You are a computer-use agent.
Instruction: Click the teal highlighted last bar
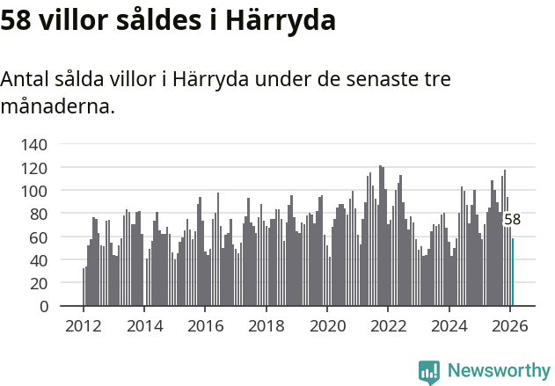[513, 273]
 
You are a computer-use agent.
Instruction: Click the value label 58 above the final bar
[512, 220]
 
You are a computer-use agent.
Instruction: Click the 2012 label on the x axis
[84, 326]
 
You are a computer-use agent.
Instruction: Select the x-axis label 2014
[144, 326]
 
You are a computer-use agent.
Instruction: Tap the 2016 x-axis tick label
[205, 326]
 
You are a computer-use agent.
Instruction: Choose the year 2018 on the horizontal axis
[266, 326]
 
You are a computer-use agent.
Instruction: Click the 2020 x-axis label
[327, 326]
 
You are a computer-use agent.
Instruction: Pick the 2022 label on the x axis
[388, 326]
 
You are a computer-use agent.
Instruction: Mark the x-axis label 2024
[449, 326]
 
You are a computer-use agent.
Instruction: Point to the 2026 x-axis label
[510, 326]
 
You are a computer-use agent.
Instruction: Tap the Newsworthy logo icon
[429, 372]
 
